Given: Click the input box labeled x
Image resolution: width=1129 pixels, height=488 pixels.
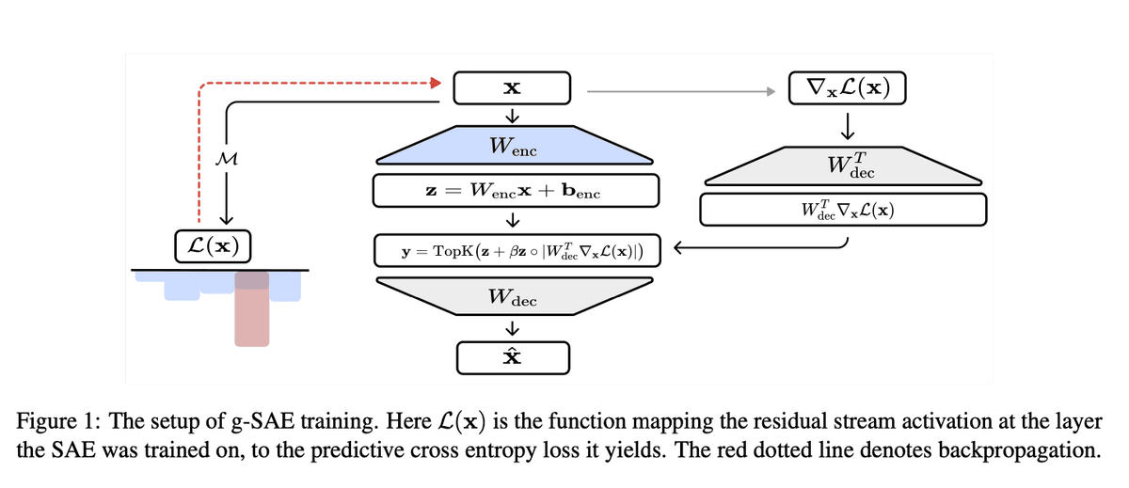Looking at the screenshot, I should [513, 88].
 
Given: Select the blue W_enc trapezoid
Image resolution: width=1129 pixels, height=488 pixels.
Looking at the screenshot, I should [513, 147].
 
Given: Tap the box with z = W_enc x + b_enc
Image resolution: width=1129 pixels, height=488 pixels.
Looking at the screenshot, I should [513, 191].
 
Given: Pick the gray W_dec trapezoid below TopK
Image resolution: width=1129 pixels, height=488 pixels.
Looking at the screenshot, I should [513, 298].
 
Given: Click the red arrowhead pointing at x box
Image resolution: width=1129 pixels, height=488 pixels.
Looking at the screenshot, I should [435, 83].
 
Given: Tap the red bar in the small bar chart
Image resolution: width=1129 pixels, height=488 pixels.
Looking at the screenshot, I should [251, 310].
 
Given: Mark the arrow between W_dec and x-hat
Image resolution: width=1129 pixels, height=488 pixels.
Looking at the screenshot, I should [513, 328].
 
